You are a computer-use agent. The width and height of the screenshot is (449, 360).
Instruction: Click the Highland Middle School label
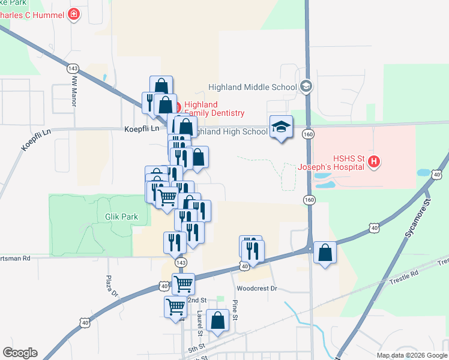click(253, 87)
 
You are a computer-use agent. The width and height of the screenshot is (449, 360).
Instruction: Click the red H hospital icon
click(374, 161)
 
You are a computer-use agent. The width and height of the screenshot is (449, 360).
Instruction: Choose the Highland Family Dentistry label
click(214, 109)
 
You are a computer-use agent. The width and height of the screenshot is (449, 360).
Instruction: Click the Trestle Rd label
click(403, 277)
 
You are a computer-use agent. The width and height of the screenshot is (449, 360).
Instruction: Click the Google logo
click(20, 353)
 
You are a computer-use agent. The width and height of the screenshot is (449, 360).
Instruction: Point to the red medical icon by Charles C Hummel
click(74, 13)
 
